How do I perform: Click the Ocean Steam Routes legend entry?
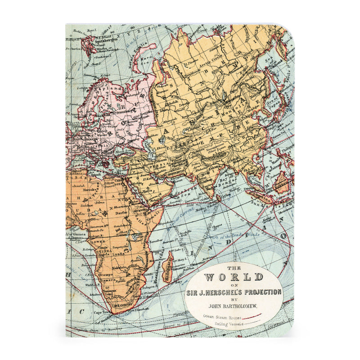click(220, 317)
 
